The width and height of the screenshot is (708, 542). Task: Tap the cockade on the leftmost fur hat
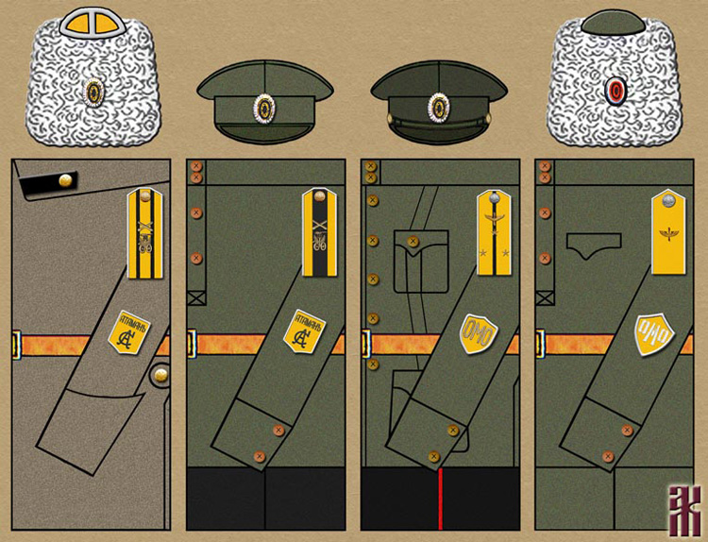coord(93,92)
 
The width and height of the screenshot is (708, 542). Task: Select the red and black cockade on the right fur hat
coord(615,91)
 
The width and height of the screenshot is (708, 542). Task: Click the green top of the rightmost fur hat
coord(615,20)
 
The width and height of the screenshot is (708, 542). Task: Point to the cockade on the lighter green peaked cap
coord(265,105)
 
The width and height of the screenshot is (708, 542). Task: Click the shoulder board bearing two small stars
coord(494,232)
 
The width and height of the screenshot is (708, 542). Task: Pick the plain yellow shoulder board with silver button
coord(668,232)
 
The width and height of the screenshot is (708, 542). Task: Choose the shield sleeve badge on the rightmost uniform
coord(653,333)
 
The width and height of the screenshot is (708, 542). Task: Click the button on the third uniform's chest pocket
coord(413,243)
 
